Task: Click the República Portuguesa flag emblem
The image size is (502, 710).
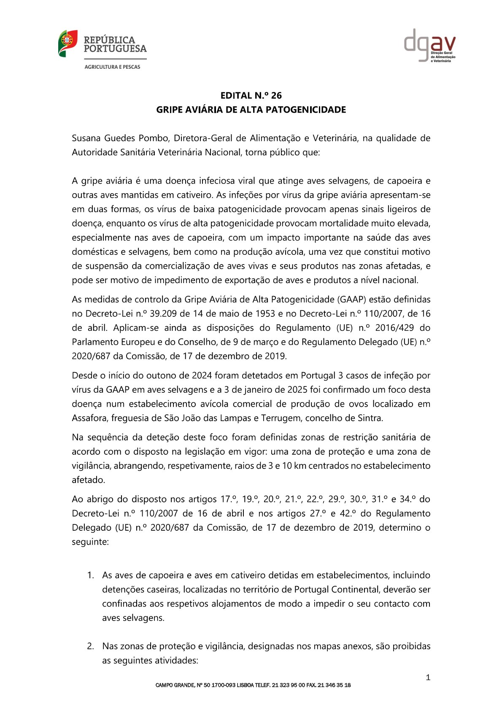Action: pyautogui.click(x=67, y=43)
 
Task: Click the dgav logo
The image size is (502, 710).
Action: pyautogui.click(x=429, y=45)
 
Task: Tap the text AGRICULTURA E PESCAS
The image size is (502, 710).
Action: pyautogui.click(x=112, y=67)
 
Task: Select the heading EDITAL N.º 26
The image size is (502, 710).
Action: pyautogui.click(x=251, y=95)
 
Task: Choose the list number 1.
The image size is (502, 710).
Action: pyautogui.click(x=90, y=575)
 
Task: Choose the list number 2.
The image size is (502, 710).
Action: pyautogui.click(x=90, y=646)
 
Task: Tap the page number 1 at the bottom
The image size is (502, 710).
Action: pyautogui.click(x=428, y=678)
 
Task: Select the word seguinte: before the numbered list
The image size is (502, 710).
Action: pyautogui.click(x=90, y=542)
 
